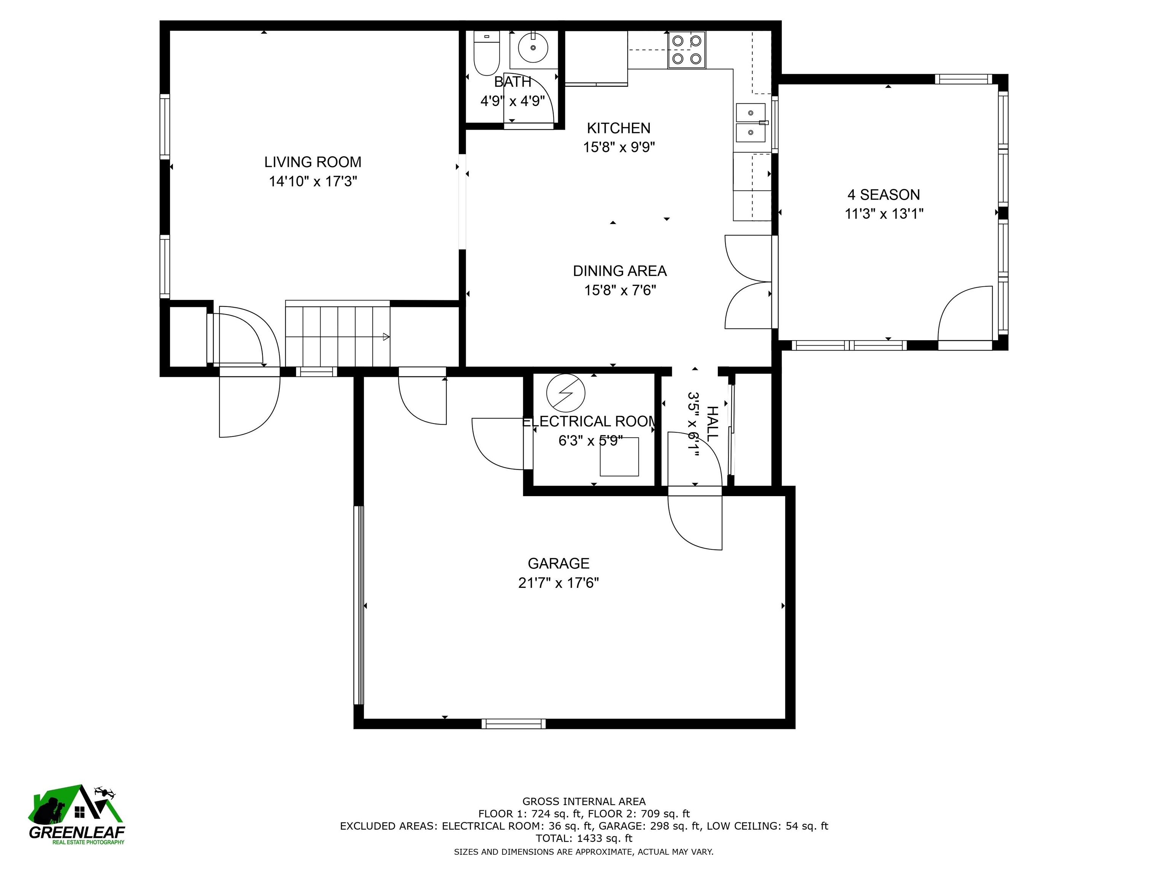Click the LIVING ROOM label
tap(313, 162)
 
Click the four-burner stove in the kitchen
tap(686, 50)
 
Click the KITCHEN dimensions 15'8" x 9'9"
tap(619, 147)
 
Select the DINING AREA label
tap(620, 271)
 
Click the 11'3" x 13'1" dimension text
tap(884, 214)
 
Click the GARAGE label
tap(559, 563)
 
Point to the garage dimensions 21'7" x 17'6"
tap(559, 583)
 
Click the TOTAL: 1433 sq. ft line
tap(584, 838)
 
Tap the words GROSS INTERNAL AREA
tap(584, 801)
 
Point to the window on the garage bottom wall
tap(514, 724)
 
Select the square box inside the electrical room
tap(619, 457)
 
